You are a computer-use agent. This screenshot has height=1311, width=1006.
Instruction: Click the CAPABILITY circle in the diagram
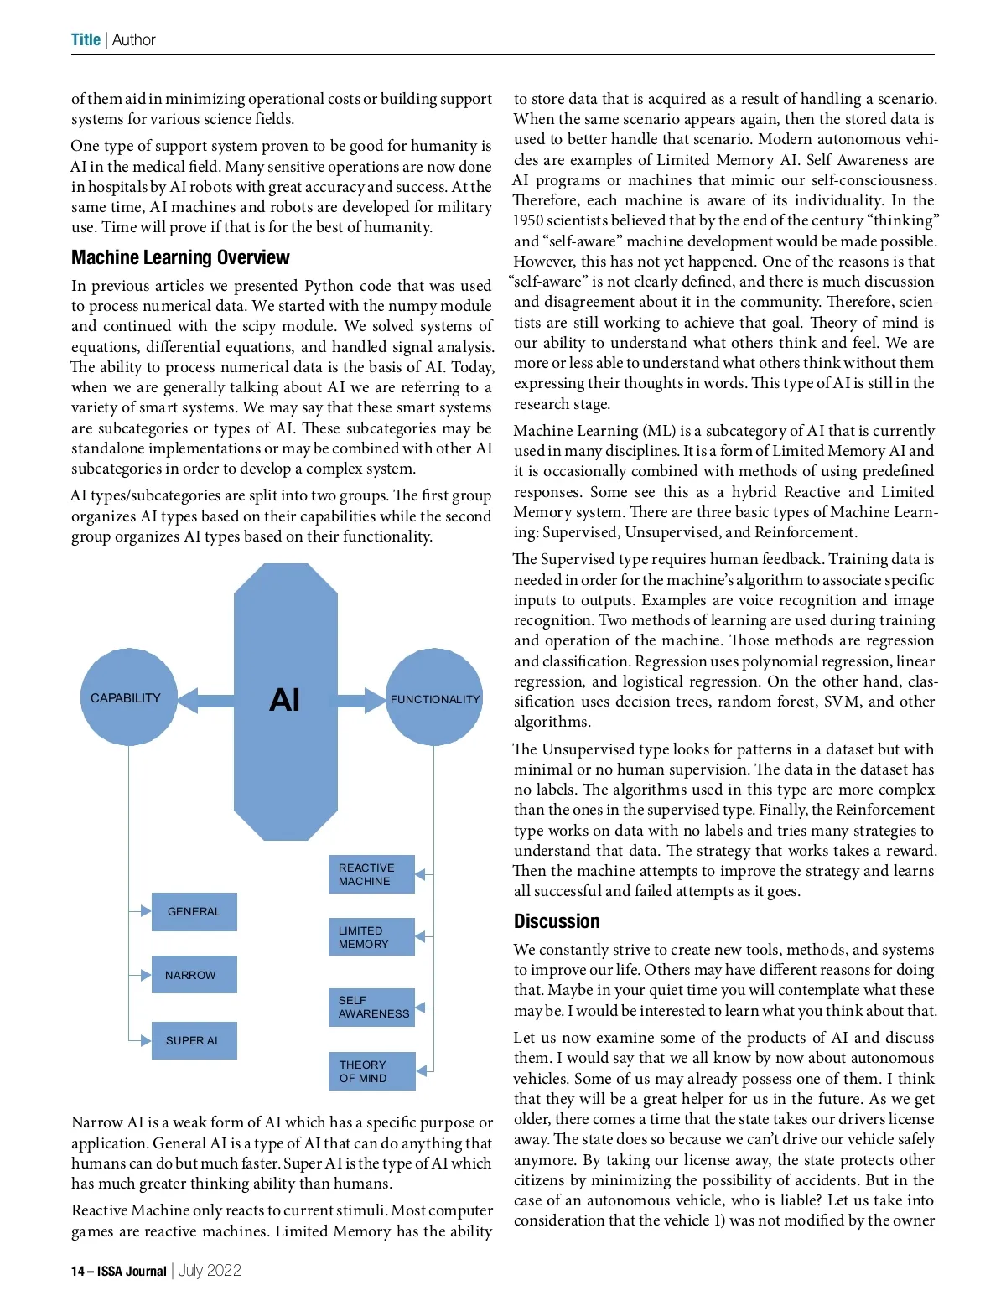128,697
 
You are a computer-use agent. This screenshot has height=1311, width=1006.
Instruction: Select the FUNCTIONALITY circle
434,698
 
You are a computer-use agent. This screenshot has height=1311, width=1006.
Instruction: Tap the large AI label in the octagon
285,700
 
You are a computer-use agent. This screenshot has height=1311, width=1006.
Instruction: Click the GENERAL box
194,911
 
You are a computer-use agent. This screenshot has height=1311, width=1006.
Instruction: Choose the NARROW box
194,975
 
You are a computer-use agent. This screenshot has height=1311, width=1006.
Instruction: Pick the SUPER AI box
194,1040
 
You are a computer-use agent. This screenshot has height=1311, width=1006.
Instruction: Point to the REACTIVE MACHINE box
371,874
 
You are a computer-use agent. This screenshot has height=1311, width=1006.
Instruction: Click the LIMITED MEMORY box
371,937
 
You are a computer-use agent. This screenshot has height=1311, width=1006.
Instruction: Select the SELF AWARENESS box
371,1007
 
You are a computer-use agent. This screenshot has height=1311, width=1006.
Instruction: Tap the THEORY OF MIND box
371,1071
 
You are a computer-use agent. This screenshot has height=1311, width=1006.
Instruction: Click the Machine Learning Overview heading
180,257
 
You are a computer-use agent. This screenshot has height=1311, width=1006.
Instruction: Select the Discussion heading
557,921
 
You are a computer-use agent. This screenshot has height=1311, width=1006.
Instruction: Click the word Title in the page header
86,39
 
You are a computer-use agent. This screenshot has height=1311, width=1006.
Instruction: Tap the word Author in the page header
134,39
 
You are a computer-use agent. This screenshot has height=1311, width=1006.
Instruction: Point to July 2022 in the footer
210,1271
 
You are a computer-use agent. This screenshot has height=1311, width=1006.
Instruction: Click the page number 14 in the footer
78,1272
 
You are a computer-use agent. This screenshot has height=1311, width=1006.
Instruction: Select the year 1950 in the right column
528,220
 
